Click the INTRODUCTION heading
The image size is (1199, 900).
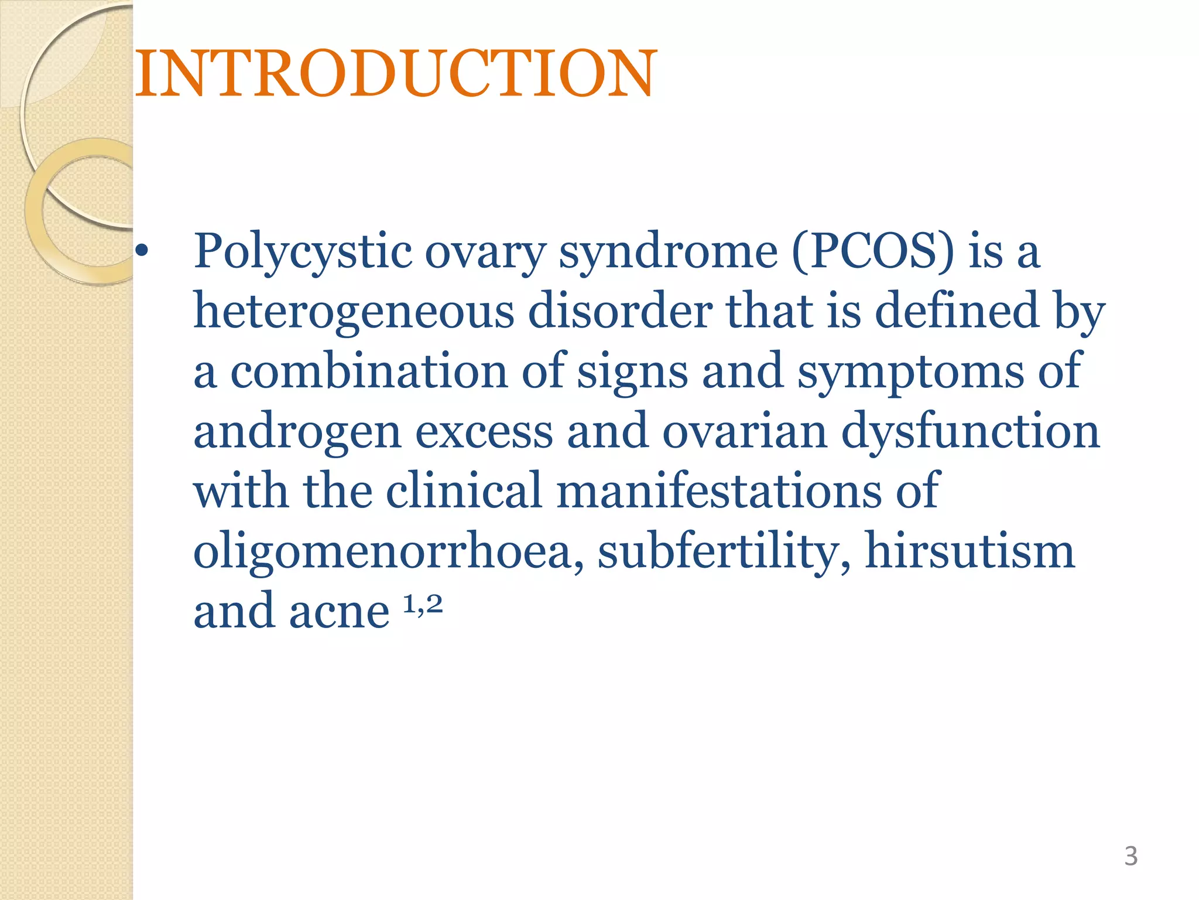tap(396, 74)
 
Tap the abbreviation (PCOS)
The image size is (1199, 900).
tap(873, 252)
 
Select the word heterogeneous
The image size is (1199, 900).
tap(354, 312)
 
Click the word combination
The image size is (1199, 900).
tap(369, 371)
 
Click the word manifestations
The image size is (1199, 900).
tap(719, 491)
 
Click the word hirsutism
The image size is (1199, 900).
tap(970, 551)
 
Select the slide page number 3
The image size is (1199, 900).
tap(1131, 856)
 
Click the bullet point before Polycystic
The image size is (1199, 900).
tap(141, 252)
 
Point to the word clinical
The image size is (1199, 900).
tap(464, 491)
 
